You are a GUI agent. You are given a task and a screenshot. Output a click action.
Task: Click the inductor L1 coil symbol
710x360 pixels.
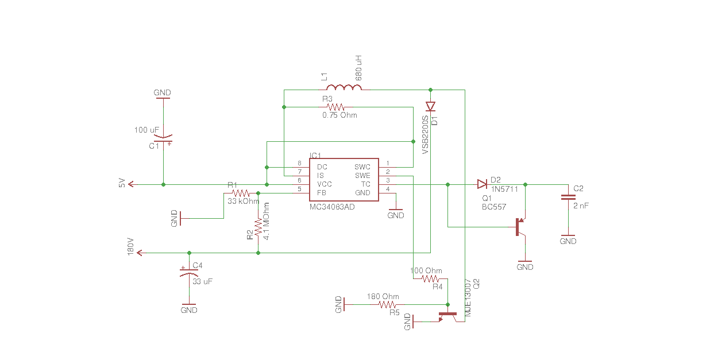[x=344, y=87]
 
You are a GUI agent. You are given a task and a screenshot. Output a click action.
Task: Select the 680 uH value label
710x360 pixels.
[x=358, y=68]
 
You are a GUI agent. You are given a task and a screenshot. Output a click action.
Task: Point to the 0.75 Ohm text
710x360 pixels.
[x=339, y=115]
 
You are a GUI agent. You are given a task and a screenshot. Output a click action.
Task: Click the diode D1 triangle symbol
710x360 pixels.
[x=430, y=107]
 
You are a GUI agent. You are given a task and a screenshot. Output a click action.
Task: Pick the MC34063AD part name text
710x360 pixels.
[x=331, y=207]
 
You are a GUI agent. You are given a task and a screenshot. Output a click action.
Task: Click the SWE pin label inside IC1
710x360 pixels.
[x=362, y=175]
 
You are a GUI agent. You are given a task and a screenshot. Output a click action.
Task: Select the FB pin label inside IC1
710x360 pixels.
[x=322, y=192]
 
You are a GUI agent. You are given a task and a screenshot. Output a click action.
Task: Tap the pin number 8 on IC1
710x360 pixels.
[x=299, y=164]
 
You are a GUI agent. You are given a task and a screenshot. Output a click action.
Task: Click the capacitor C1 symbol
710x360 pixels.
[x=163, y=138]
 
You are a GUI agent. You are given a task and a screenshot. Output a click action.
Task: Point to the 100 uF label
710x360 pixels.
[x=147, y=130]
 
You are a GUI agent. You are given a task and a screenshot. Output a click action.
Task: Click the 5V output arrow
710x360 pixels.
[x=132, y=184]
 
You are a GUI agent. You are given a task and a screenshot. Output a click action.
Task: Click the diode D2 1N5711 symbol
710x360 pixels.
[x=481, y=184]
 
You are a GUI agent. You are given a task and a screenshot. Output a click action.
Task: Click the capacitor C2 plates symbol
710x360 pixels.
[x=568, y=198]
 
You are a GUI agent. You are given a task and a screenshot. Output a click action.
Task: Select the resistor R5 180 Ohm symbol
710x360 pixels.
[x=388, y=304]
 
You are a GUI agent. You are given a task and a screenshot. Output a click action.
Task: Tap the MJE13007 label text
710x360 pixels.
[x=468, y=299]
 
